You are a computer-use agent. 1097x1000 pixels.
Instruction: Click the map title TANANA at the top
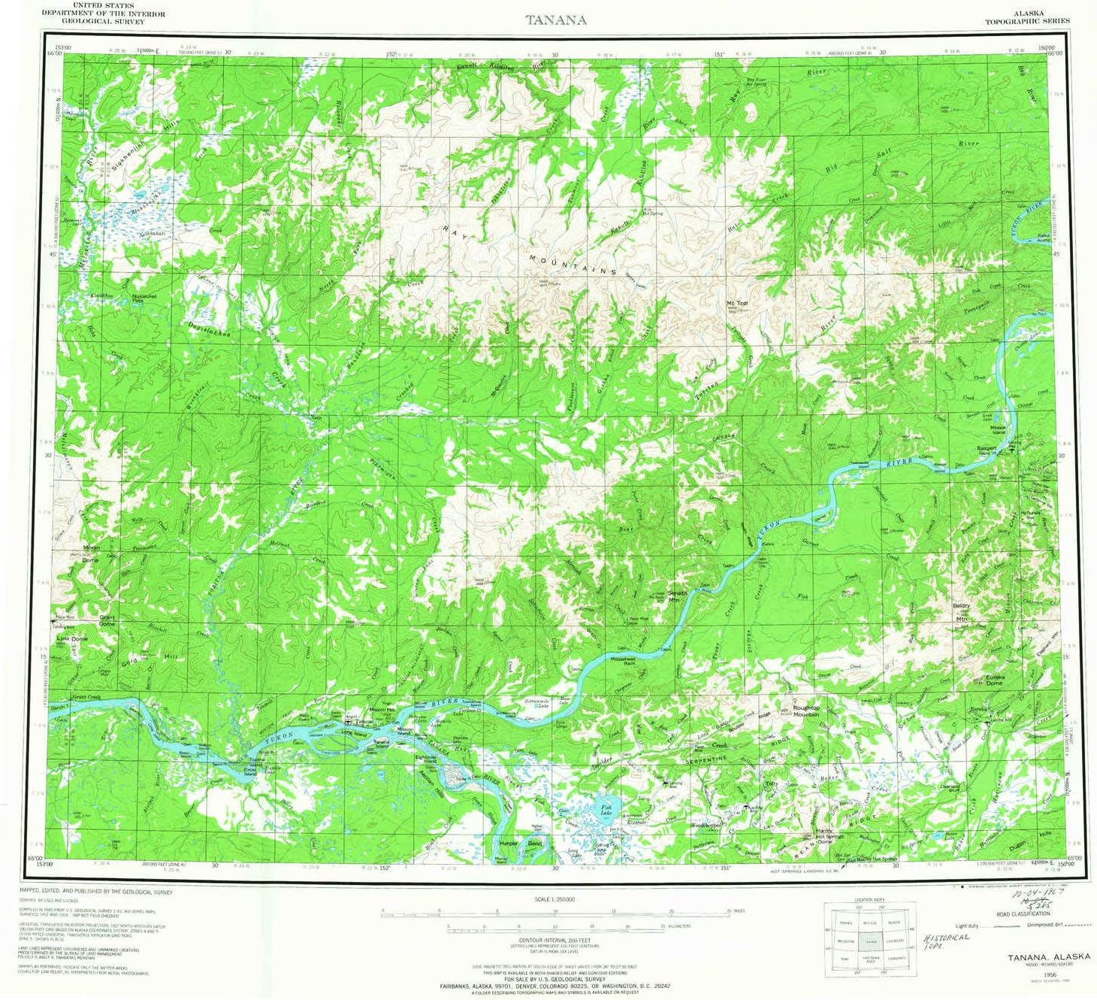pos(556,20)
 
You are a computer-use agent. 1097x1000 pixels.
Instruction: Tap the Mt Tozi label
pos(736,303)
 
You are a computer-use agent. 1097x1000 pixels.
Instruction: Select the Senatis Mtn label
pos(678,596)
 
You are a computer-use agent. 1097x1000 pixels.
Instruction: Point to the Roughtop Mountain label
pos(806,711)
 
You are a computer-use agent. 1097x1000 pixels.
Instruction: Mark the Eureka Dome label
pos(994,679)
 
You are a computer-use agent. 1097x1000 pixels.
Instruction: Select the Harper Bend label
pos(520,844)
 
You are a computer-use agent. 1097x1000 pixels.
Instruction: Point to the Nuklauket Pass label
pos(144,297)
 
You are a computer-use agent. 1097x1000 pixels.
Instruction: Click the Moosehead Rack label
pos(624,661)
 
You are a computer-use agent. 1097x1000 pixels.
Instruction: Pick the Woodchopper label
pos(706,826)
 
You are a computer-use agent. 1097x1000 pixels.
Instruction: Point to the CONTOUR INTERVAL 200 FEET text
pos(556,940)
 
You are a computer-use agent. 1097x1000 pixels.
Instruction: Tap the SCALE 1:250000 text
pos(555,899)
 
